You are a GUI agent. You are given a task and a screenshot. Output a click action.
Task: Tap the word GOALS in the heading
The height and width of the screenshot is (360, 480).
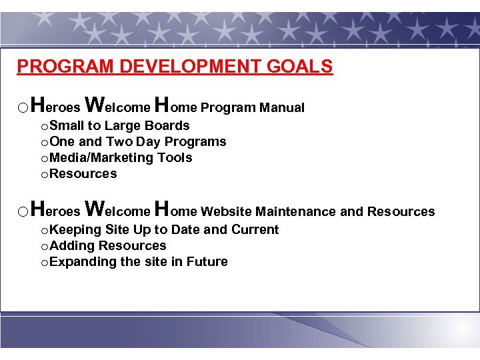(x=299, y=67)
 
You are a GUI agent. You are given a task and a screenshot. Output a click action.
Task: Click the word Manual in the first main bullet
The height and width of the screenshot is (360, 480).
(x=282, y=107)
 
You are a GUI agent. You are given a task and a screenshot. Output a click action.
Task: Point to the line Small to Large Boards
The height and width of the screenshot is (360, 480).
(x=119, y=125)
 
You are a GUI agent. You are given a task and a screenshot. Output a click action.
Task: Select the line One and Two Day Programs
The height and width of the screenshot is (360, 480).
(x=137, y=141)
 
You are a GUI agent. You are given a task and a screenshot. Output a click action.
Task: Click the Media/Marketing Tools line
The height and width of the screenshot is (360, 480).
(x=121, y=157)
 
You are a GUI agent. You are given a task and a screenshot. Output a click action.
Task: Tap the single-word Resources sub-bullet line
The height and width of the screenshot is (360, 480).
(x=83, y=173)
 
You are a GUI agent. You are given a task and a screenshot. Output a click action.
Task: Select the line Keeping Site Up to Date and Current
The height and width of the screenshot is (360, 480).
(x=164, y=229)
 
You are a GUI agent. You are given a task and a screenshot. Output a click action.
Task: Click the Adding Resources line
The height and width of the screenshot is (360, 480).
(x=107, y=245)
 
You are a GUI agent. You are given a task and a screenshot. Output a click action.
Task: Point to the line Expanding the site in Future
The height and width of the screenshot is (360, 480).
(x=138, y=261)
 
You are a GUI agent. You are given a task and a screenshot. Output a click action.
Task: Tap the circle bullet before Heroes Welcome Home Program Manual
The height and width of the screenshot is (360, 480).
(x=23, y=108)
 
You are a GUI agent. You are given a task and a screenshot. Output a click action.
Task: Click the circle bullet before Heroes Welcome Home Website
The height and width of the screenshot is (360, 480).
(x=23, y=212)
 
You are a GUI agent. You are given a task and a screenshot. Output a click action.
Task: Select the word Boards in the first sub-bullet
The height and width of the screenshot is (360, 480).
(x=167, y=125)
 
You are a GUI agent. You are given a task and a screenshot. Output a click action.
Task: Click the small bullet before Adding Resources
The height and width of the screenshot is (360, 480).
(x=44, y=246)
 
